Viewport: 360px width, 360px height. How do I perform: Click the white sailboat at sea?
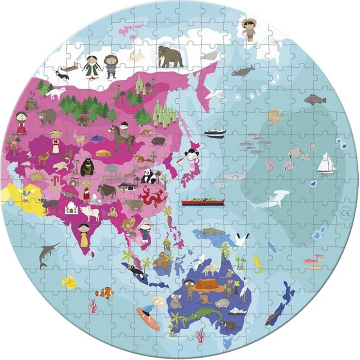(x=326, y=163)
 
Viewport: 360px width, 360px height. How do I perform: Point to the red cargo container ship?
(x=202, y=202)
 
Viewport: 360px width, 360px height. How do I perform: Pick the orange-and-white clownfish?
(x=104, y=293)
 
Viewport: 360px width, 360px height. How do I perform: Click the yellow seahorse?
(x=257, y=263)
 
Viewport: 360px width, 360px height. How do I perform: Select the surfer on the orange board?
(x=148, y=313)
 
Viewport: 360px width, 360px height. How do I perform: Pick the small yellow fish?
(x=69, y=282)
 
